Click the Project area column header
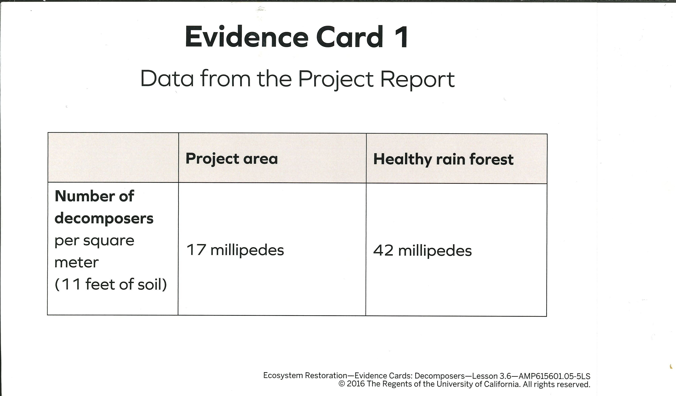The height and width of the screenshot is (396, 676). (232, 159)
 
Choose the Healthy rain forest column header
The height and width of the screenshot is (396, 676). (443, 159)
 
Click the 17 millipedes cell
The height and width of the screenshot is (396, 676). (235, 250)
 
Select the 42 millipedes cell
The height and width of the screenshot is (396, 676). (422, 251)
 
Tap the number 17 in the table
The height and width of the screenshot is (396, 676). (196, 250)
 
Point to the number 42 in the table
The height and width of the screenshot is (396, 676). (383, 250)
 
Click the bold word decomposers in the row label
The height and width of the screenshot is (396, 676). (104, 219)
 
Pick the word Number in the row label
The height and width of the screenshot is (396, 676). (85, 196)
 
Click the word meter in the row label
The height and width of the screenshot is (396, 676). (77, 263)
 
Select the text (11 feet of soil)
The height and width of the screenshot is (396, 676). (111, 284)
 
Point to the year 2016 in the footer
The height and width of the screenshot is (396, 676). (356, 384)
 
